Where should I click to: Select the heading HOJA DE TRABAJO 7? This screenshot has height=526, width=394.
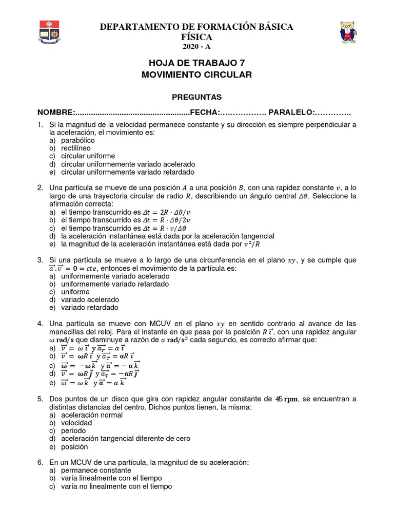pos(196,63)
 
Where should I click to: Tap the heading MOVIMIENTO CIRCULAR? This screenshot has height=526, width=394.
pos(196,75)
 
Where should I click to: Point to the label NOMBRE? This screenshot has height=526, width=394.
pos(56,112)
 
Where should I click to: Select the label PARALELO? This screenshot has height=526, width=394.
pos(292,112)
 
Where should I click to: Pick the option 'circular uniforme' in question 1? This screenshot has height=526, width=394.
pos(88,156)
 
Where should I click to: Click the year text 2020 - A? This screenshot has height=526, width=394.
pos(197,47)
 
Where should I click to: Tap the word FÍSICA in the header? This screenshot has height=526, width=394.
pos(196,37)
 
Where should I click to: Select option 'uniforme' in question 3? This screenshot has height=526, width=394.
pos(75,292)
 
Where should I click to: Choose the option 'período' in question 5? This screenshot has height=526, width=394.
pos(73,430)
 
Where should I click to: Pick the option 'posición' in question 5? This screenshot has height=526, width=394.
pos(75,447)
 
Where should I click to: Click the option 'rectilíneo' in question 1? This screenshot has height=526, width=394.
pos(75,148)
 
